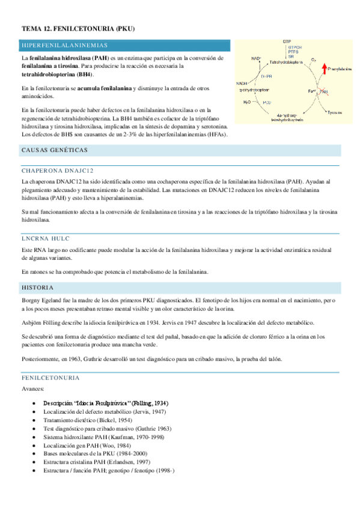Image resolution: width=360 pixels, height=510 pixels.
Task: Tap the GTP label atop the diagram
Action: pos(287,41)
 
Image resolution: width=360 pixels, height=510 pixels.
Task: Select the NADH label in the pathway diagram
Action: pos(242,84)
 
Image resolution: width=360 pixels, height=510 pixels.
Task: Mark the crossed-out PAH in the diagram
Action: pos(323,91)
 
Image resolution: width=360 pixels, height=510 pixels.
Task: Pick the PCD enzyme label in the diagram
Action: pos(266,103)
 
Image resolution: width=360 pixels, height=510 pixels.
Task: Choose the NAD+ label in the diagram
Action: pos(257,58)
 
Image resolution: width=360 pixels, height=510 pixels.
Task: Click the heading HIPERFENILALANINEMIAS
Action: pos(64,46)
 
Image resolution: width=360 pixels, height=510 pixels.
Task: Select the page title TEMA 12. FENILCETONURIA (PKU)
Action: pos(78,28)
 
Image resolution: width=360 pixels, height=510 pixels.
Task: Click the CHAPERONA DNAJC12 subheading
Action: pos(58,170)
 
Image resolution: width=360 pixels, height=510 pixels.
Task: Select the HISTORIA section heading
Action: pos(37,288)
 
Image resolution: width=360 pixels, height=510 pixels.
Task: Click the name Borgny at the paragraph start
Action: pos(31,300)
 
